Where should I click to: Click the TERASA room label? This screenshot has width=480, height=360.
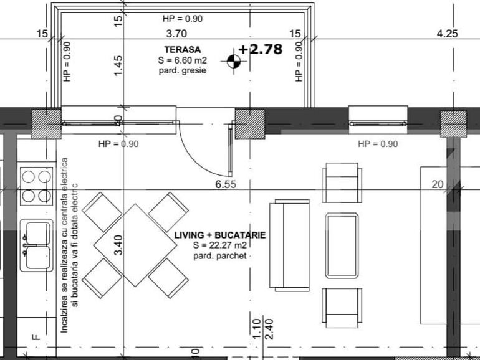point(182,49)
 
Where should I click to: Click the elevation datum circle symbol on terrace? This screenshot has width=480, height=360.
point(234,60)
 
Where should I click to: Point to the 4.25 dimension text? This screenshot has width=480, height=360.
point(448,34)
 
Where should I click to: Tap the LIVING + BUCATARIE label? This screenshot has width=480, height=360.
point(220,235)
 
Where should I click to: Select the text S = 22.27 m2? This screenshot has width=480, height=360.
point(220,245)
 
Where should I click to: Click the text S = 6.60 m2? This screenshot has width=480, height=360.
point(182,60)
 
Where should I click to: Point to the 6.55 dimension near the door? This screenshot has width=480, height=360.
point(226,184)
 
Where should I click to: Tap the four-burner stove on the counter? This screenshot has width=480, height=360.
point(36,186)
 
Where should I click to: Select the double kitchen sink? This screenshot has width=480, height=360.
point(36,245)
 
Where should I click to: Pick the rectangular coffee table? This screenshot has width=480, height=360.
point(342,245)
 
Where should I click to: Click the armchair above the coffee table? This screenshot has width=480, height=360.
point(341,182)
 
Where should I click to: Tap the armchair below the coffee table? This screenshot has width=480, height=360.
point(341,307)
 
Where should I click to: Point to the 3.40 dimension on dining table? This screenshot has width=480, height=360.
point(118,245)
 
